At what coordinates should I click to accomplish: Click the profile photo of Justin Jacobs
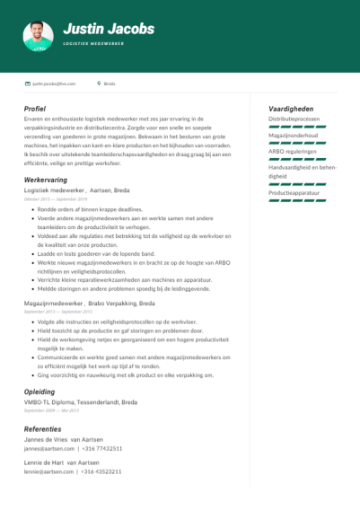tap(38, 36)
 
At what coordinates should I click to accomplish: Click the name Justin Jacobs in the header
tap(109, 30)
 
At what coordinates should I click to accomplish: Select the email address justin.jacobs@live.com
tap(54, 83)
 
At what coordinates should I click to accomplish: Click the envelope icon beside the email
tap(27, 83)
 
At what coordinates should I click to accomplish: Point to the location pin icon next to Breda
tap(99, 83)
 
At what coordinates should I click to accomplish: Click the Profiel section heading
tap(36, 109)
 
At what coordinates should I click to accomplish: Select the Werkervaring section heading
tap(45, 180)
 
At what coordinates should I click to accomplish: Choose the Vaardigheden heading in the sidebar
tap(291, 109)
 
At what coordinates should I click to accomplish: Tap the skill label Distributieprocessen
tap(294, 119)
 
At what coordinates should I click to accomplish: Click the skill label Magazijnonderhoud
tap(294, 136)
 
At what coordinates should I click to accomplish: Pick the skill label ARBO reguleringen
tap(294, 152)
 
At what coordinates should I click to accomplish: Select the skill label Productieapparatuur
tap(294, 193)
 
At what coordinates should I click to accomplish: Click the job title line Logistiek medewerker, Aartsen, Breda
tap(76, 190)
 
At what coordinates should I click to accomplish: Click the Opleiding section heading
tap(40, 391)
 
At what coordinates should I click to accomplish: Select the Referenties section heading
tap(42, 428)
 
